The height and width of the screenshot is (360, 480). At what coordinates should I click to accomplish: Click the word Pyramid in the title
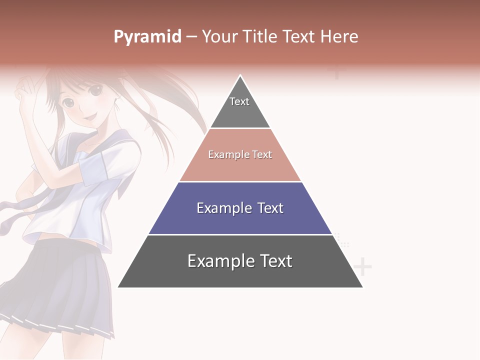pyautogui.click(x=147, y=37)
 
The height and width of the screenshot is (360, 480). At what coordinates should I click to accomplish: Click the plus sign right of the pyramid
pyautogui.click(x=362, y=267)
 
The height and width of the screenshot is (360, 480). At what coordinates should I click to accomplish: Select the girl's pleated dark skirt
pyautogui.click(x=60, y=285)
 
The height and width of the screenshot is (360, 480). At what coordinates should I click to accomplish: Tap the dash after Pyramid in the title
pyautogui.click(x=191, y=37)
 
